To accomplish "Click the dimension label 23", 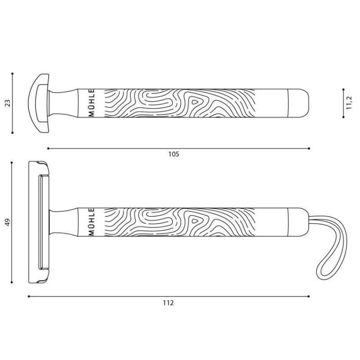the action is [8, 103].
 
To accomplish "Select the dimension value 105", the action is [174, 154].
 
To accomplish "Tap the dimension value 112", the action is [168, 303].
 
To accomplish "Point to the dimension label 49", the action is [8, 222].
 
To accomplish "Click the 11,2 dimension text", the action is [349, 103].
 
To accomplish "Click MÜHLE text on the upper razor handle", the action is [91, 103].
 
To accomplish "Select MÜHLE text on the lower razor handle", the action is [91, 222].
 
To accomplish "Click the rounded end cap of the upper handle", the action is [298, 103].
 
